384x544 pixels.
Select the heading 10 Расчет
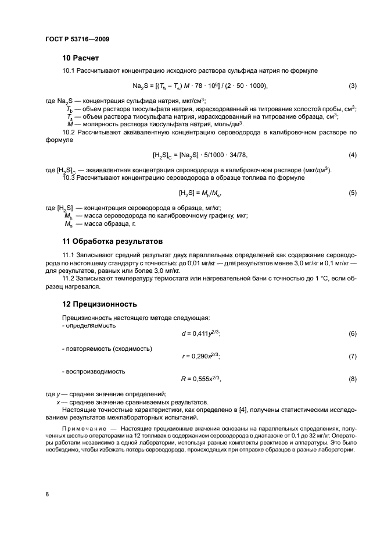pos(81,58)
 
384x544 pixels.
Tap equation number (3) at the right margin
pos(352,87)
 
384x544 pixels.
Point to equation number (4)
pos(352,155)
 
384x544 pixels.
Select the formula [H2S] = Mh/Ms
pos(200,193)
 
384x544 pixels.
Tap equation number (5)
pos(352,193)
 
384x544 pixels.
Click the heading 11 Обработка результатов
pos(113,241)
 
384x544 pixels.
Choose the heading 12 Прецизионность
pos(99,304)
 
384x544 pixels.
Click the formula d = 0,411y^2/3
pos(201,333)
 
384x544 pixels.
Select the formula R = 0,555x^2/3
pos(201,379)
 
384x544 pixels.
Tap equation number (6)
pos(352,333)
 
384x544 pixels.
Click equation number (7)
pos(352,356)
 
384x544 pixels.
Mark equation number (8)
pos(352,379)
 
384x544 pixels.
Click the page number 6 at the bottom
pos(46,494)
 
